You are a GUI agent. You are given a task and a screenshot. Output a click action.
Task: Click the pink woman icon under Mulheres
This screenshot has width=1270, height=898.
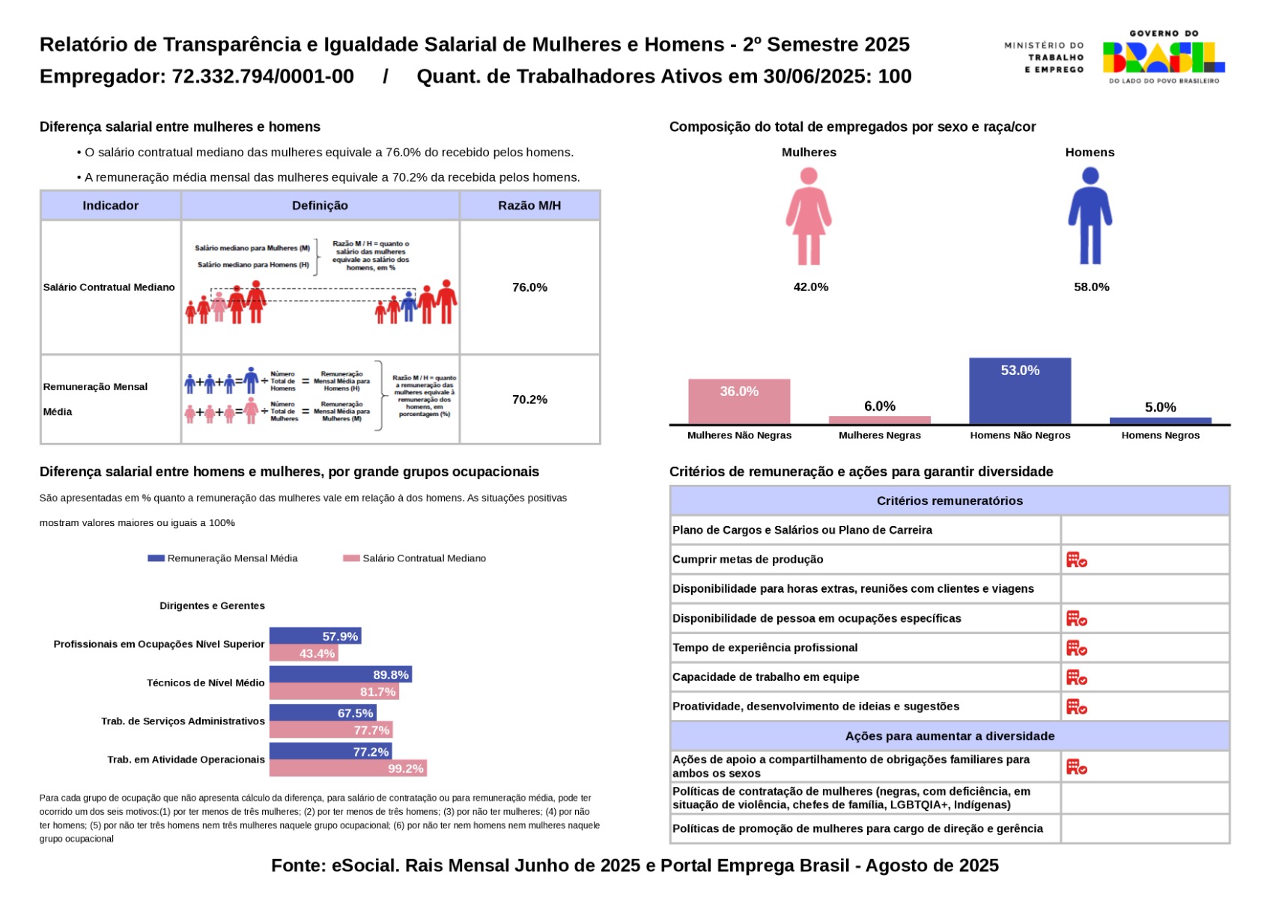pos(808,216)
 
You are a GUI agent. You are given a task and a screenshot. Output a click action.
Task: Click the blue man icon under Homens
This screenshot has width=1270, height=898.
pos(1090,216)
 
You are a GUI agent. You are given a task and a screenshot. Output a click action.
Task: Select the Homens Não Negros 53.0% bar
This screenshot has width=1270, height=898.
pos(1019,391)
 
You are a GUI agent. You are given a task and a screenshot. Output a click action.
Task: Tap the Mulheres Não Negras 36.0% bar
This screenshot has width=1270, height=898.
pos(738,402)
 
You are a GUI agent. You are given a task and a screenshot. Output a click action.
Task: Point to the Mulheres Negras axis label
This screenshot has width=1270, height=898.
pos(879,436)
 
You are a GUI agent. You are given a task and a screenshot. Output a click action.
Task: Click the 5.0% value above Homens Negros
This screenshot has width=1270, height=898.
pos(1160,407)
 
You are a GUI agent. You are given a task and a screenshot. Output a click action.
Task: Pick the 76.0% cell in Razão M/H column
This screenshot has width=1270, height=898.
pos(529,287)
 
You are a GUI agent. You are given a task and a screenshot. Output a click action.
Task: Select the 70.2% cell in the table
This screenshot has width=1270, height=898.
pos(529,400)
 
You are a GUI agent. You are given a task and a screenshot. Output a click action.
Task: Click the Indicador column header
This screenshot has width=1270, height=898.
pos(111,206)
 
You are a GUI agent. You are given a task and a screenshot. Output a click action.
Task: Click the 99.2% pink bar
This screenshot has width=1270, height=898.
pos(347,769)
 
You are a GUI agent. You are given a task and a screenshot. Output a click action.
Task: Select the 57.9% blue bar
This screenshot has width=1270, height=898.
pos(315,636)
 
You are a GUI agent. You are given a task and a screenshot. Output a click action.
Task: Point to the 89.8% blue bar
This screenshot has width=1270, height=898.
pos(340,675)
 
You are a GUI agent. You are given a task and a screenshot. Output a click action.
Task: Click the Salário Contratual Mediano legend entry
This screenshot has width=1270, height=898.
pos(415,558)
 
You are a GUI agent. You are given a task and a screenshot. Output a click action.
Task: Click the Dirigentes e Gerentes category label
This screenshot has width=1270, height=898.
pos(212,606)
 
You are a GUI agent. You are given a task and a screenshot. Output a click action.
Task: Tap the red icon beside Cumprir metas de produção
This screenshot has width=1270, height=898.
pos(1076,560)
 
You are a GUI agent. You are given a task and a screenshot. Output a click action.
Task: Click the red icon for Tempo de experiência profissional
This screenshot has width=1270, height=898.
pos(1076,648)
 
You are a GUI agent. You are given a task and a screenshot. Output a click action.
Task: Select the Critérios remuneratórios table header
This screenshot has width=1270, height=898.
pos(949,501)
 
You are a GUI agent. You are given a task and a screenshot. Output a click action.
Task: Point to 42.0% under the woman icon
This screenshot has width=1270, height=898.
pos(810,287)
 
